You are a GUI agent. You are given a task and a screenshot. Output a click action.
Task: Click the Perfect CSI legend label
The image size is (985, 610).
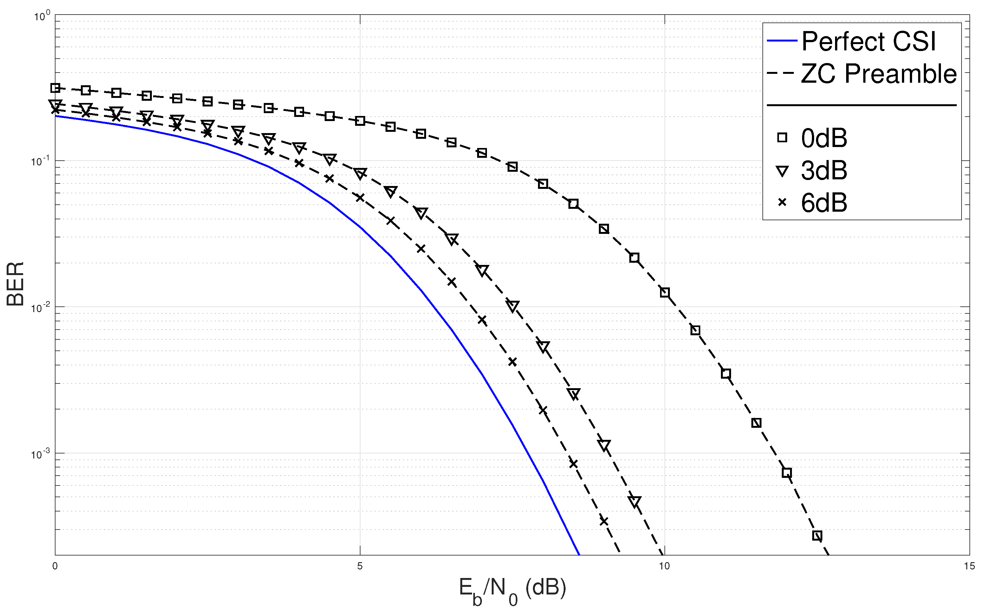[868, 41]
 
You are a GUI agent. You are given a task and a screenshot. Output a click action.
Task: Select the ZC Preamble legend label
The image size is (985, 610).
[878, 74]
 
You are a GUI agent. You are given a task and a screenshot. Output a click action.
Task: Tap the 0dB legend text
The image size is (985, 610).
[824, 138]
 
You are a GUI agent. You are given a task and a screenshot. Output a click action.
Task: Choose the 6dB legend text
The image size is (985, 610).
[824, 202]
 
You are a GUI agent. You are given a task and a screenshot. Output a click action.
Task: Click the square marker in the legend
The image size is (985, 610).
[782, 138]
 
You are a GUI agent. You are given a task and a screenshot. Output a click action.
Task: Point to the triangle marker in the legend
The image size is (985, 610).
[782, 171]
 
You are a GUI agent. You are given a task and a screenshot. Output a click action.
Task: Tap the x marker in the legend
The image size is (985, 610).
[782, 202]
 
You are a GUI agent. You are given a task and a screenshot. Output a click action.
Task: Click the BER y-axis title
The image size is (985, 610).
[15, 284]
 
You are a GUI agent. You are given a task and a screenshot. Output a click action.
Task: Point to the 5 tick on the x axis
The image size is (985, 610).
[360, 566]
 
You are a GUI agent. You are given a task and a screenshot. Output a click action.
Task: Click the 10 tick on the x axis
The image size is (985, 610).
[664, 566]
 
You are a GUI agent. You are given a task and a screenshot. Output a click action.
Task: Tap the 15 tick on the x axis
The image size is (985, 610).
[969, 566]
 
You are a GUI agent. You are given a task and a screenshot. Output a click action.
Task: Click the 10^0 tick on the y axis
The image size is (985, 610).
[42, 16]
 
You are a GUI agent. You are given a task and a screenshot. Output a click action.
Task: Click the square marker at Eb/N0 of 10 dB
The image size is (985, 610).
[664, 292]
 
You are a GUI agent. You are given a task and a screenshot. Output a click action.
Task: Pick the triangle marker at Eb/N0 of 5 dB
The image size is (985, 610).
[360, 173]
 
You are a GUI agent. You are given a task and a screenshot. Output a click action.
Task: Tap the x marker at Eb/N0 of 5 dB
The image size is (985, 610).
[360, 197]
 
